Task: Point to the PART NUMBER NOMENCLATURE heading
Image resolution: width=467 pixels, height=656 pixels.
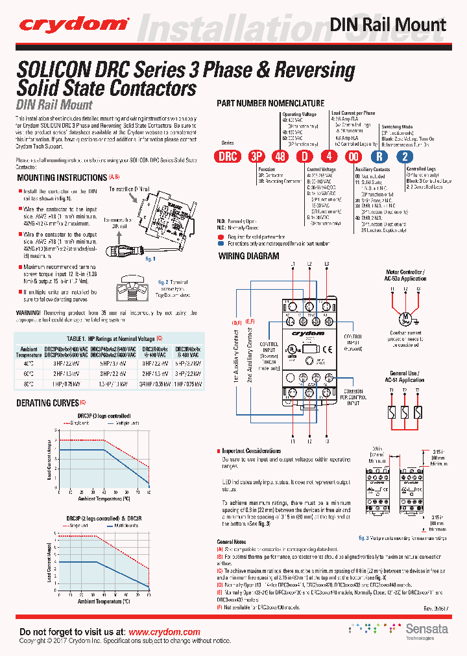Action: (270, 103)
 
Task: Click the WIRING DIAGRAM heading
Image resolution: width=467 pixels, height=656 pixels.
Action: (248, 256)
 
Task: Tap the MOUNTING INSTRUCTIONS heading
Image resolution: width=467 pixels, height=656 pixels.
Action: (61, 178)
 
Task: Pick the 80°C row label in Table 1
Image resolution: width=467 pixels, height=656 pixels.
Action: (28, 383)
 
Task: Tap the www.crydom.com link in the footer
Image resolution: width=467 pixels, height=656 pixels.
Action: (164, 632)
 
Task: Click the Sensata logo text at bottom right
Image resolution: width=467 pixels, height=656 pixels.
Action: (422, 629)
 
